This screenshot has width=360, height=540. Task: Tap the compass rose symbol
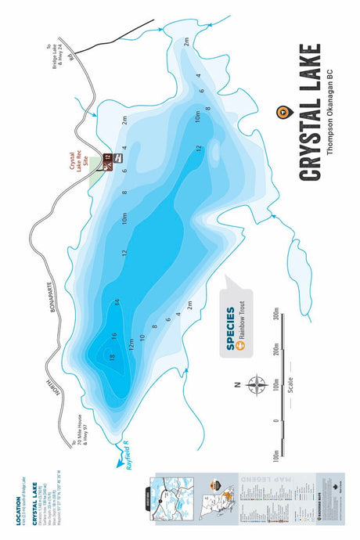click(256, 384)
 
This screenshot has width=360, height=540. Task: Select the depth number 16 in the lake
click(113, 336)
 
